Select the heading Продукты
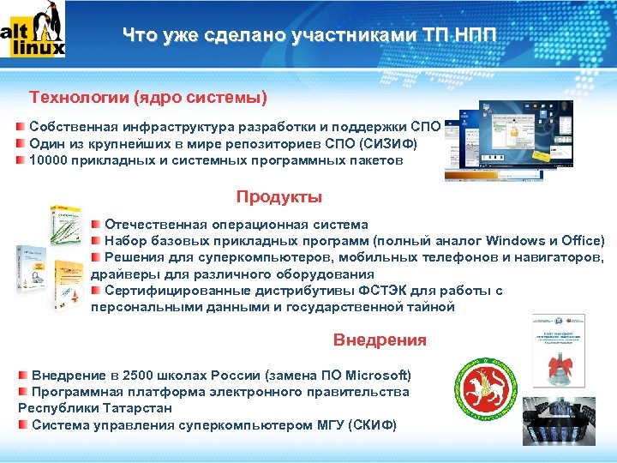coord(279,197)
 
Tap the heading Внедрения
coord(379,340)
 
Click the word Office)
coord(582,240)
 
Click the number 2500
coord(141,376)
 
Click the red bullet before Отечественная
coord(96,224)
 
